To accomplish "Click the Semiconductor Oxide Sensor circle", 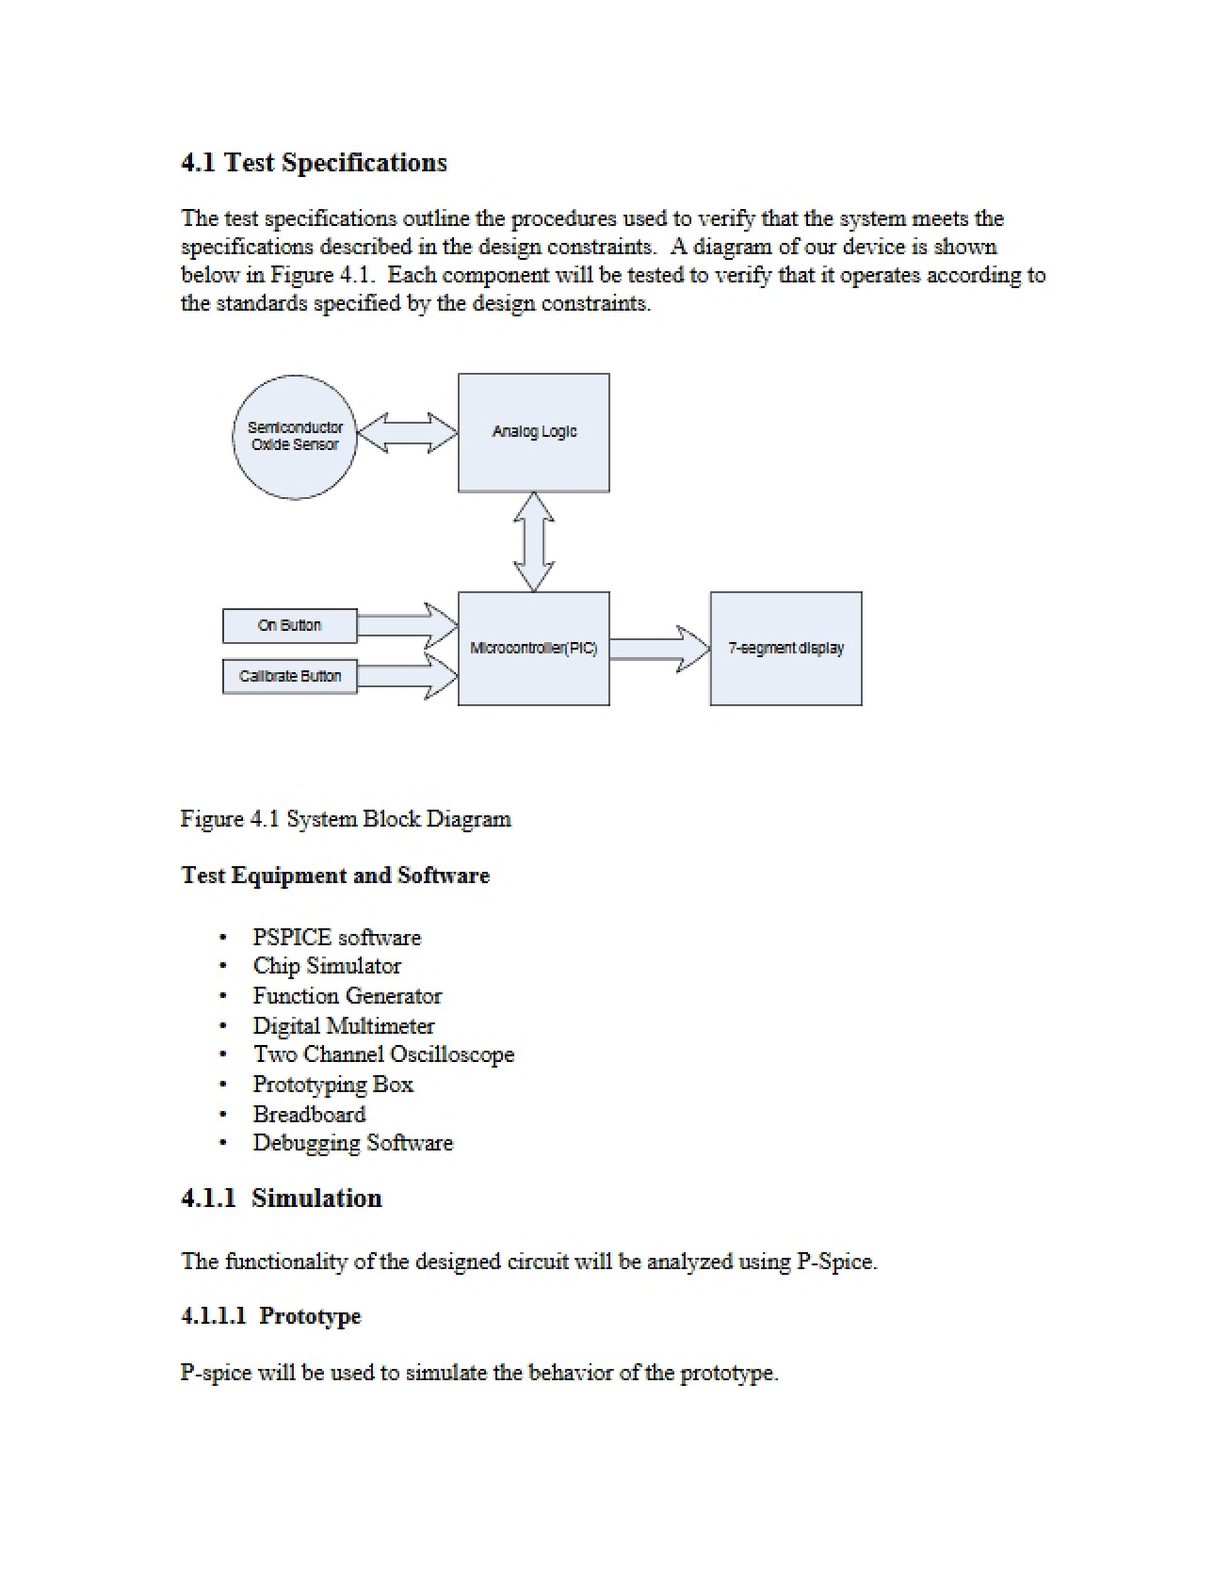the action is [x=295, y=437].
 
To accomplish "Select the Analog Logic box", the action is [x=534, y=432].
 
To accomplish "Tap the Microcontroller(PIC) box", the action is [x=534, y=649].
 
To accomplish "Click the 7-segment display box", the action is [x=786, y=649].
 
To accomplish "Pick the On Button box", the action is [x=290, y=626].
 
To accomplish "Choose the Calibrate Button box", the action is [x=290, y=677].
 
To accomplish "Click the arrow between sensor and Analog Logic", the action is [x=408, y=433].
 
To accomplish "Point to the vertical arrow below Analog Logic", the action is [x=534, y=542].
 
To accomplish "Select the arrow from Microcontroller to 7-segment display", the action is [x=660, y=649].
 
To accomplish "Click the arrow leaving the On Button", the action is [x=408, y=626].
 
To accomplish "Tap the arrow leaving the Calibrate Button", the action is [x=408, y=676].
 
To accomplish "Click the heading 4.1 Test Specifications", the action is [x=314, y=163].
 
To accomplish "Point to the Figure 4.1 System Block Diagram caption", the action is [x=346, y=819].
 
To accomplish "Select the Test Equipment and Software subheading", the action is [x=335, y=876].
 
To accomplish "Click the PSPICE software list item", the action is [x=336, y=938].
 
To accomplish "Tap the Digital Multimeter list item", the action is [x=344, y=1026].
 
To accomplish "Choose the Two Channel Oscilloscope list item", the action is [x=383, y=1054].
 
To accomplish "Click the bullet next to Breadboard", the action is [x=223, y=1115].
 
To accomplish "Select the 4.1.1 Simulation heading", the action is [x=282, y=1199].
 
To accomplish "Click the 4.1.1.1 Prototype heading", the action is [x=270, y=1316].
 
